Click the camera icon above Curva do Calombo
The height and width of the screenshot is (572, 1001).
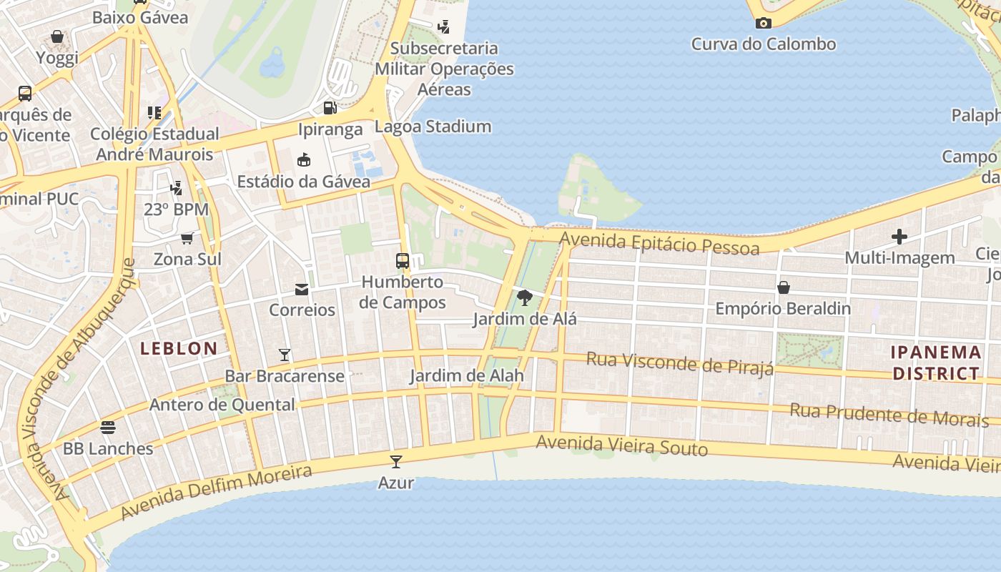[x=763, y=23]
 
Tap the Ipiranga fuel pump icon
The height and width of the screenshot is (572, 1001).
[x=330, y=108]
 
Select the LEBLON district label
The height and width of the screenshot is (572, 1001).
[x=179, y=349]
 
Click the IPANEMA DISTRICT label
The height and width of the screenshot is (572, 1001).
[x=936, y=363]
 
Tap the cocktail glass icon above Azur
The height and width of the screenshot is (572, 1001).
[x=396, y=461]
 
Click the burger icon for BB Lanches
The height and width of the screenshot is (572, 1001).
[x=108, y=428]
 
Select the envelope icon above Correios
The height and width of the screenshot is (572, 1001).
[x=302, y=289]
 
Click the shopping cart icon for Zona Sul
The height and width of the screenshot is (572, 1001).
[x=187, y=237]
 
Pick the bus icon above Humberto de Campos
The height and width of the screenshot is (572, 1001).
[x=403, y=260]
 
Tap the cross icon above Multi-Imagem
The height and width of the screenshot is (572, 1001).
[x=899, y=237]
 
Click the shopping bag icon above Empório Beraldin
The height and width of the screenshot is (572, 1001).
[x=784, y=287]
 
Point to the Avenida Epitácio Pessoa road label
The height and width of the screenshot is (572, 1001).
[x=659, y=244]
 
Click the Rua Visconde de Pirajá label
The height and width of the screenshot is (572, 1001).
[x=680, y=363]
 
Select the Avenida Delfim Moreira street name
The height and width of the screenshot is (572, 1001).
[x=216, y=493]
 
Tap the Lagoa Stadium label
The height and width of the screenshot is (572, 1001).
[x=433, y=127]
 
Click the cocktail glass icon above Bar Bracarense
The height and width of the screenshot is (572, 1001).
[x=285, y=355]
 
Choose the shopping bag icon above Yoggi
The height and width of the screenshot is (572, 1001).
[x=57, y=36]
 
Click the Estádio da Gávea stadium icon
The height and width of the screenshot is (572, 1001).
[x=304, y=159]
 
